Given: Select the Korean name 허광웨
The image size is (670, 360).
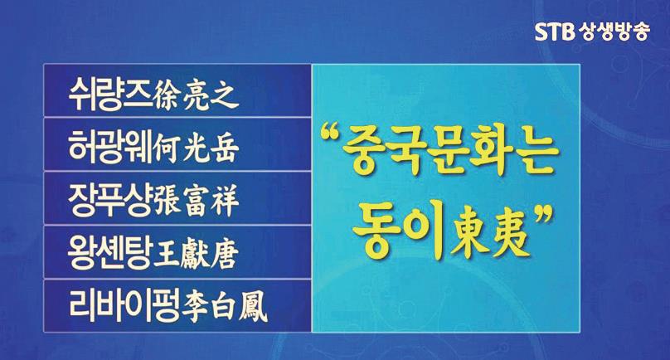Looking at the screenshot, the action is point(111,147).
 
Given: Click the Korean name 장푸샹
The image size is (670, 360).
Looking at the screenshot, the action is point(110,200).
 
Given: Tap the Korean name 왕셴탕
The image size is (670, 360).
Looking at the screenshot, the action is point(110,253).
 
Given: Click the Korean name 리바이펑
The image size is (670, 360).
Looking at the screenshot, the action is point(124,306).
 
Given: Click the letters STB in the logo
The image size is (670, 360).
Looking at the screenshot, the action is point(555,32).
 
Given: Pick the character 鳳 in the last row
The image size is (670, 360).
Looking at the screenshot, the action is point(254,309).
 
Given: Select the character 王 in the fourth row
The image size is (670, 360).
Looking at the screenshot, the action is point(166,255).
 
